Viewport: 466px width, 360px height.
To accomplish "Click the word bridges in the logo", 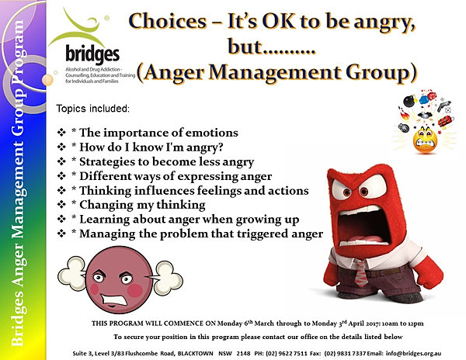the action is tap(92, 54).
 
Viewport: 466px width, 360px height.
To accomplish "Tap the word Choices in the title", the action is tap(167, 22).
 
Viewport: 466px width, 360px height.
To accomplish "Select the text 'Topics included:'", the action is tap(93, 109).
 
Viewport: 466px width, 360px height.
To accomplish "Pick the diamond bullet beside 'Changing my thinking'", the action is tap(61, 205).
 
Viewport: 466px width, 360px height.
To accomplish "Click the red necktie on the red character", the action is tap(361, 273).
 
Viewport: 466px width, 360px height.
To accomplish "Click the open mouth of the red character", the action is tap(363, 227).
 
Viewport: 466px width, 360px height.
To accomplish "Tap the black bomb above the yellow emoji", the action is tap(410, 101).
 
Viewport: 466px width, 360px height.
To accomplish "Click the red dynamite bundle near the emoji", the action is tap(444, 121).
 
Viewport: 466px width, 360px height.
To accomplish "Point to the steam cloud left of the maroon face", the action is tap(72, 274).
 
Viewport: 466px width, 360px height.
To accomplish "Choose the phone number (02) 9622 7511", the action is tap(287, 354).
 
